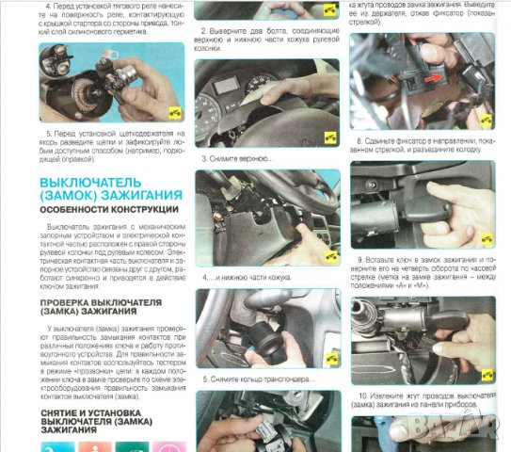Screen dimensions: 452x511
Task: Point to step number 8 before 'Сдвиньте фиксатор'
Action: [360, 137]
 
